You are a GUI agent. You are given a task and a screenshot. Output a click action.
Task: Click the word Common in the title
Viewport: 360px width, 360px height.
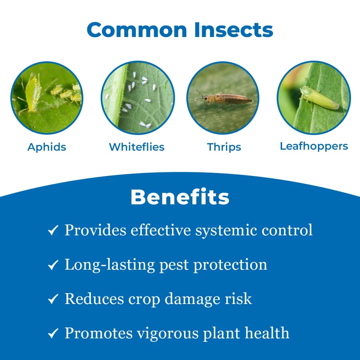coord(137,30)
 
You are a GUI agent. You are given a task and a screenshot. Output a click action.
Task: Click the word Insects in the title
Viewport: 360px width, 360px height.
coord(234,30)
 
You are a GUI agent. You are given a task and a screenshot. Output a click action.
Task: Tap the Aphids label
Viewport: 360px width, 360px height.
coord(47,147)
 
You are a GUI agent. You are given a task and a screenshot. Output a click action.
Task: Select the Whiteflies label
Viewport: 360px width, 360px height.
coord(137,147)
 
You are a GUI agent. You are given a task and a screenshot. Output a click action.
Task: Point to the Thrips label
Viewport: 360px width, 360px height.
coord(224,147)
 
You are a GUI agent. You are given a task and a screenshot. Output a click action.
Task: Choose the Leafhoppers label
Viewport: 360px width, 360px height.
coord(314,146)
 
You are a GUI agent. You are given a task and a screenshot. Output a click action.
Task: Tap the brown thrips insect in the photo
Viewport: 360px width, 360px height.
coord(227,98)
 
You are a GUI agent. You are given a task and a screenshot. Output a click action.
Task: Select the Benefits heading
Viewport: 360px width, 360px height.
coord(180,197)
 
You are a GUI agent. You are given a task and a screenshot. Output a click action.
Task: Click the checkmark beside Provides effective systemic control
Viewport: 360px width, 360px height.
coord(53,230)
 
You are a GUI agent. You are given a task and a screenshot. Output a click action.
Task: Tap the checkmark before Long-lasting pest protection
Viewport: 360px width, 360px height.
coord(53,265)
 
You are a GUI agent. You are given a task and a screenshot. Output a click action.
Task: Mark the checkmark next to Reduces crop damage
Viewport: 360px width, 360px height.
coord(53,299)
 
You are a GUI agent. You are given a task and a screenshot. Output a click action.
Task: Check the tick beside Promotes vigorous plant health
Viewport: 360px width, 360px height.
coord(53,334)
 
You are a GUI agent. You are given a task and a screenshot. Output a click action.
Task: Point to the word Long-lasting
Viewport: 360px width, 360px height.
coord(110,265)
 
